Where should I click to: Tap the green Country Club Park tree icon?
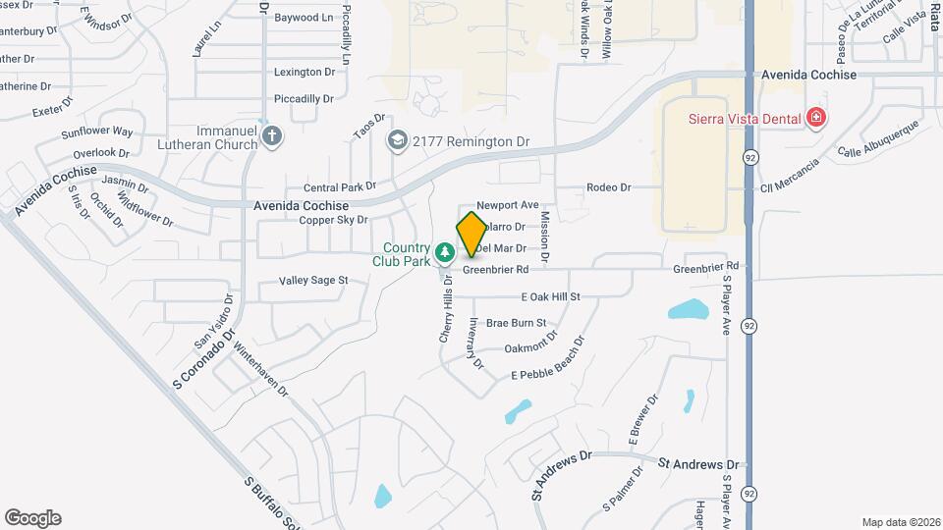pyautogui.click(x=445, y=253)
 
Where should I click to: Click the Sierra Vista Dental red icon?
pyautogui.click(x=814, y=119)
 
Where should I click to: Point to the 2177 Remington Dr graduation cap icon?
pyautogui.click(x=396, y=141)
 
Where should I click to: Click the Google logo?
pyautogui.click(x=32, y=517)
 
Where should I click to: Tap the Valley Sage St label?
pyautogui.click(x=313, y=281)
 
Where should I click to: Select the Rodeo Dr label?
pyautogui.click(x=608, y=186)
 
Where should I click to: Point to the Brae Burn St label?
pyautogui.click(x=516, y=323)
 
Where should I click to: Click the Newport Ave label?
pyautogui.click(x=508, y=205)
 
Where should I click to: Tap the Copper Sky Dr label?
pyautogui.click(x=333, y=220)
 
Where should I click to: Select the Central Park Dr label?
pyautogui.click(x=340, y=186)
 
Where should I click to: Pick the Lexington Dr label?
pyautogui.click(x=305, y=72)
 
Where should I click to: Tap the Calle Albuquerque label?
pyautogui.click(x=877, y=140)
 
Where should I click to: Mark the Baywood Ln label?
pyautogui.click(x=304, y=18)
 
